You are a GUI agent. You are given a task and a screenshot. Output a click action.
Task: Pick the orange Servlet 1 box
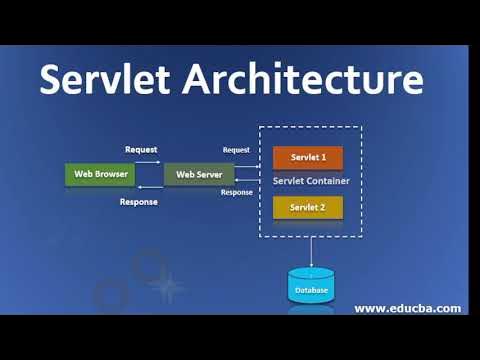(308, 158)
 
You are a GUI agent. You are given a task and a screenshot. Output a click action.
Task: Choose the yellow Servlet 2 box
(308, 207)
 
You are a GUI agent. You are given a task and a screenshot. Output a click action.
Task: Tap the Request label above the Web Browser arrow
(141, 149)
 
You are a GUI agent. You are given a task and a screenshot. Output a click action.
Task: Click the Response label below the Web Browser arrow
(138, 202)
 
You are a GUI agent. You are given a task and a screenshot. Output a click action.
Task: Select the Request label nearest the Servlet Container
(236, 150)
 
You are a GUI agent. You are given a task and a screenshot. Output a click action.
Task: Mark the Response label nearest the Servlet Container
(236, 192)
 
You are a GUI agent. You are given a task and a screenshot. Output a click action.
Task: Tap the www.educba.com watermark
(407, 308)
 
